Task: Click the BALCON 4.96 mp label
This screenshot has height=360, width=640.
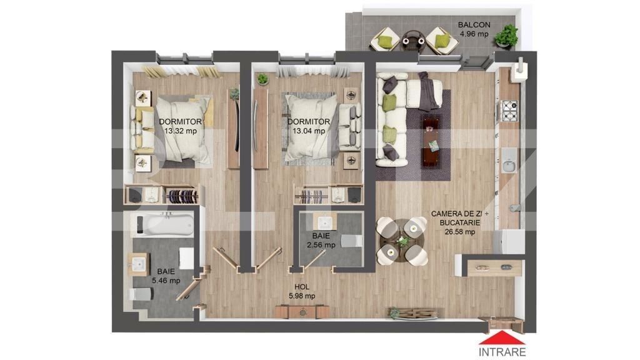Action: (474, 29)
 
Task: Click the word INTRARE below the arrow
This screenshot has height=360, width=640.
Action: (502, 351)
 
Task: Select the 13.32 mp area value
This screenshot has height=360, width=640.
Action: (180, 131)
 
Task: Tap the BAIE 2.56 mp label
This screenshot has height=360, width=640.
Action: (321, 241)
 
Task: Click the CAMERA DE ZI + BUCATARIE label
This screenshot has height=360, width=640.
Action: (455, 222)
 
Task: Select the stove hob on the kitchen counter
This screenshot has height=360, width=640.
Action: (509, 111)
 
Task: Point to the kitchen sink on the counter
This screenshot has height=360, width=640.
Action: (509, 164)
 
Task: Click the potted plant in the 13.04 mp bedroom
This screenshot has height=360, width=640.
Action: (263, 79)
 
